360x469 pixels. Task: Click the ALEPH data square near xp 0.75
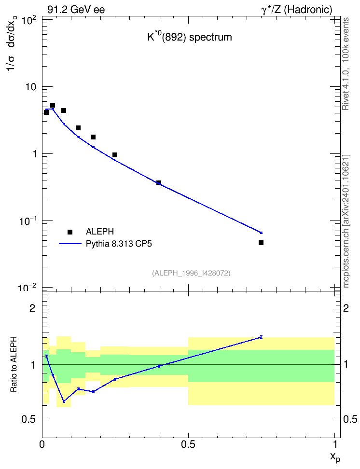[x=261, y=243]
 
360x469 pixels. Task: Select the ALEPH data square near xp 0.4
[x=159, y=183]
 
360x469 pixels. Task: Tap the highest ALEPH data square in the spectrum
[x=53, y=105]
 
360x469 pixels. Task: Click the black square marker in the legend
[x=70, y=232]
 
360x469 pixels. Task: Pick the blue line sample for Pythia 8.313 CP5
[x=70, y=244]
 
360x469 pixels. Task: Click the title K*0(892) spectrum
[x=190, y=37]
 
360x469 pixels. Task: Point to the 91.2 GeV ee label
[x=76, y=10]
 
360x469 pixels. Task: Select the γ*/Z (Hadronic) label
[x=297, y=10]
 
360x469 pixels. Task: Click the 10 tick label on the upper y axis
[x=30, y=87]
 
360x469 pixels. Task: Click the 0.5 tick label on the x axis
[x=188, y=444]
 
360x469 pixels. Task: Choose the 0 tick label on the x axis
[x=42, y=444]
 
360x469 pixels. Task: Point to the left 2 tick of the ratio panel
[x=32, y=308]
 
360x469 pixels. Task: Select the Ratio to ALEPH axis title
[x=14, y=364]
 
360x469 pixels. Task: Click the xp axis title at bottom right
[x=335, y=457]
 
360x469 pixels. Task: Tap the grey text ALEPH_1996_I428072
[x=191, y=273]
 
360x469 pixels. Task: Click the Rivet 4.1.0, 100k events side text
[x=346, y=64]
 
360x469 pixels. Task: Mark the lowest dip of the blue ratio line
[x=64, y=401]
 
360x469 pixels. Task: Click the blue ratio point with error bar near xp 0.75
[x=261, y=337]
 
